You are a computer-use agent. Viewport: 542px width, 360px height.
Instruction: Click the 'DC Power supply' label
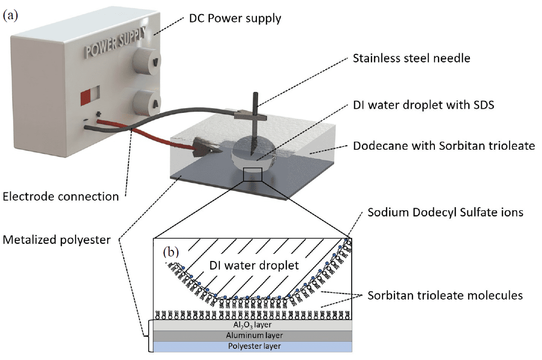pyautogui.click(x=235, y=18)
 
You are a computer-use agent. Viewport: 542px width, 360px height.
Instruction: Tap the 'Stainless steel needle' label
pyautogui.click(x=411, y=58)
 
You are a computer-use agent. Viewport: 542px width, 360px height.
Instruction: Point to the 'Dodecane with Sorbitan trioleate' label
pyautogui.click(x=444, y=146)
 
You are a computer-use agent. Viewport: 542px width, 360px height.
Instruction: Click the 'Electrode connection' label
pyautogui.click(x=61, y=196)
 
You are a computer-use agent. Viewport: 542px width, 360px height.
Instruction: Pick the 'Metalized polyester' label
pyautogui.click(x=57, y=239)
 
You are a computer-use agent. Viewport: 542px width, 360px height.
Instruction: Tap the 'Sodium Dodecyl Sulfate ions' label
pyautogui.click(x=445, y=213)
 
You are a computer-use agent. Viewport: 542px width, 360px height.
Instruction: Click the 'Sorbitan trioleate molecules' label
pyautogui.click(x=445, y=295)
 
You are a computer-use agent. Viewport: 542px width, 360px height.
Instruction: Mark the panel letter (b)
pyautogui.click(x=171, y=251)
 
